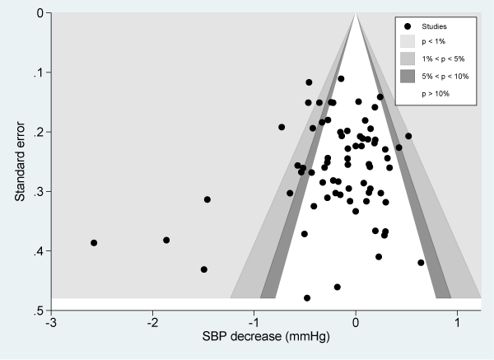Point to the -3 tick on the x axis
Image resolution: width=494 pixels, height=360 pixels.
pyautogui.click(x=51, y=321)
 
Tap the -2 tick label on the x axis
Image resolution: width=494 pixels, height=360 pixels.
pyautogui.click(x=151, y=321)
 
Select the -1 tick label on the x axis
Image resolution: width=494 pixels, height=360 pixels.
pyautogui.click(x=253, y=321)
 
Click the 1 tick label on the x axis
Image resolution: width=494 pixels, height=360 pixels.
pyautogui.click(x=457, y=321)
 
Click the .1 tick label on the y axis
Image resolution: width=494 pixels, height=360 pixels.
pyautogui.click(x=37, y=72)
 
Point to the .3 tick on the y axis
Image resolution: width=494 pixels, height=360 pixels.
pyautogui.click(x=37, y=191)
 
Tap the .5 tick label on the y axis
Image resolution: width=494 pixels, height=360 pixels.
pyautogui.click(x=37, y=310)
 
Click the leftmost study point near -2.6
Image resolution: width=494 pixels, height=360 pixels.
pyautogui.click(x=94, y=243)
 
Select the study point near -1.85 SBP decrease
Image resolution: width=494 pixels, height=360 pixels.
pyautogui.click(x=166, y=240)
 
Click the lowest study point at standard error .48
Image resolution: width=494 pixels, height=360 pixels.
pyautogui.click(x=307, y=297)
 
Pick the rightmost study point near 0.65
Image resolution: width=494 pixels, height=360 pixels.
pyautogui.click(x=421, y=263)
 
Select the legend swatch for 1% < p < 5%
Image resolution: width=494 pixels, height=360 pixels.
pyautogui.click(x=408, y=58)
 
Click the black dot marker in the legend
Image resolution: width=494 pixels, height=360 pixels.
pyautogui.click(x=408, y=26)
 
